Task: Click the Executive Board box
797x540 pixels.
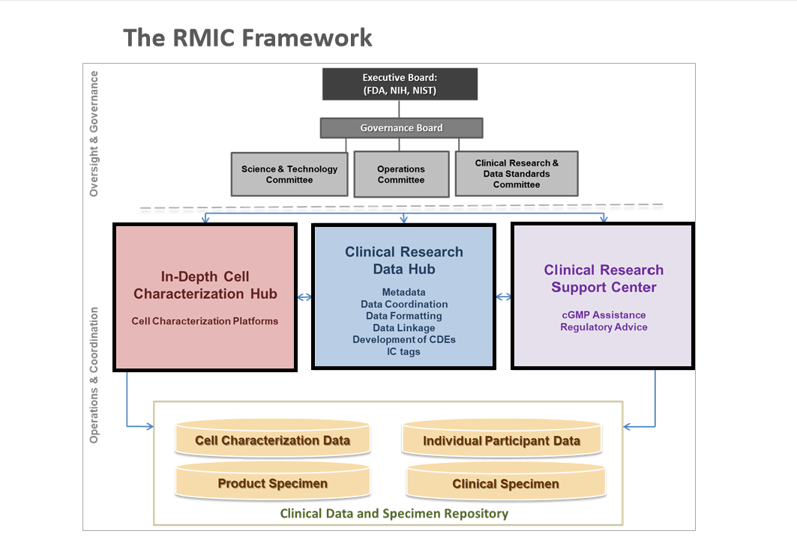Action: tap(399, 84)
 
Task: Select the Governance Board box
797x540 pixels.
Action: tap(401, 128)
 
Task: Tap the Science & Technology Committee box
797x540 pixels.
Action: tap(289, 175)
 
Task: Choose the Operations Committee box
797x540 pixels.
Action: tap(401, 175)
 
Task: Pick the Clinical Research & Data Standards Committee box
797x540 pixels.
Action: tap(517, 174)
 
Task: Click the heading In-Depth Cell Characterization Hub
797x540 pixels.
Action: tap(205, 285)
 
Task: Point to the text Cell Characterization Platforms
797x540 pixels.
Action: tap(205, 321)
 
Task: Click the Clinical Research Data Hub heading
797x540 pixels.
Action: tap(404, 261)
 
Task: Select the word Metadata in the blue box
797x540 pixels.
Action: tap(403, 292)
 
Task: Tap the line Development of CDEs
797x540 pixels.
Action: tap(404, 340)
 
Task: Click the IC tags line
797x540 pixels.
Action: tap(404, 352)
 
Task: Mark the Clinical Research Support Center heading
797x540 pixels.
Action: tap(604, 279)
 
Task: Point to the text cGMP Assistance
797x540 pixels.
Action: tap(604, 315)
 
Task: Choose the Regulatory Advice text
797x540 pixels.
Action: tap(604, 327)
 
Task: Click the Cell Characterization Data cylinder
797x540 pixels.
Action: tap(272, 440)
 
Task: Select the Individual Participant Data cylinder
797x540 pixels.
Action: tap(502, 440)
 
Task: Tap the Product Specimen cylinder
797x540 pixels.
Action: tap(272, 484)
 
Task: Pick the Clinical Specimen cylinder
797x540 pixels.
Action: tap(505, 484)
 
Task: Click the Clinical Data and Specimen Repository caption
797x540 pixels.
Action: tap(394, 514)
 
